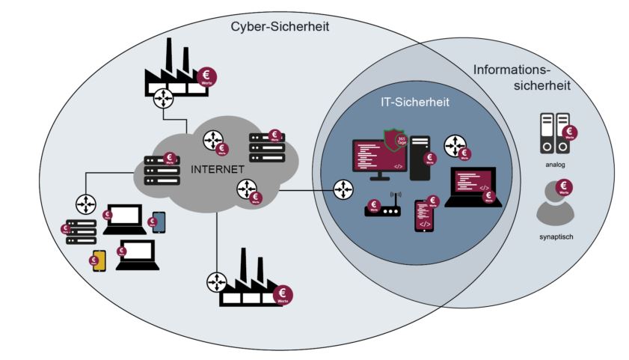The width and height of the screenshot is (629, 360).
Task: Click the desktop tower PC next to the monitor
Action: click(420, 156)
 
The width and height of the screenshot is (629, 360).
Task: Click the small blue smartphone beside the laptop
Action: click(159, 222)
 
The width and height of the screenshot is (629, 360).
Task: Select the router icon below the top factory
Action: click(163, 99)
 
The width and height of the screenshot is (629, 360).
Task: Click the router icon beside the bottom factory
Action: click(216, 281)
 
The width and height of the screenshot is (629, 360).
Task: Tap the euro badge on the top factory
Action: click(207, 76)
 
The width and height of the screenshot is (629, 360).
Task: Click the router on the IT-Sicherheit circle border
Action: click(343, 190)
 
